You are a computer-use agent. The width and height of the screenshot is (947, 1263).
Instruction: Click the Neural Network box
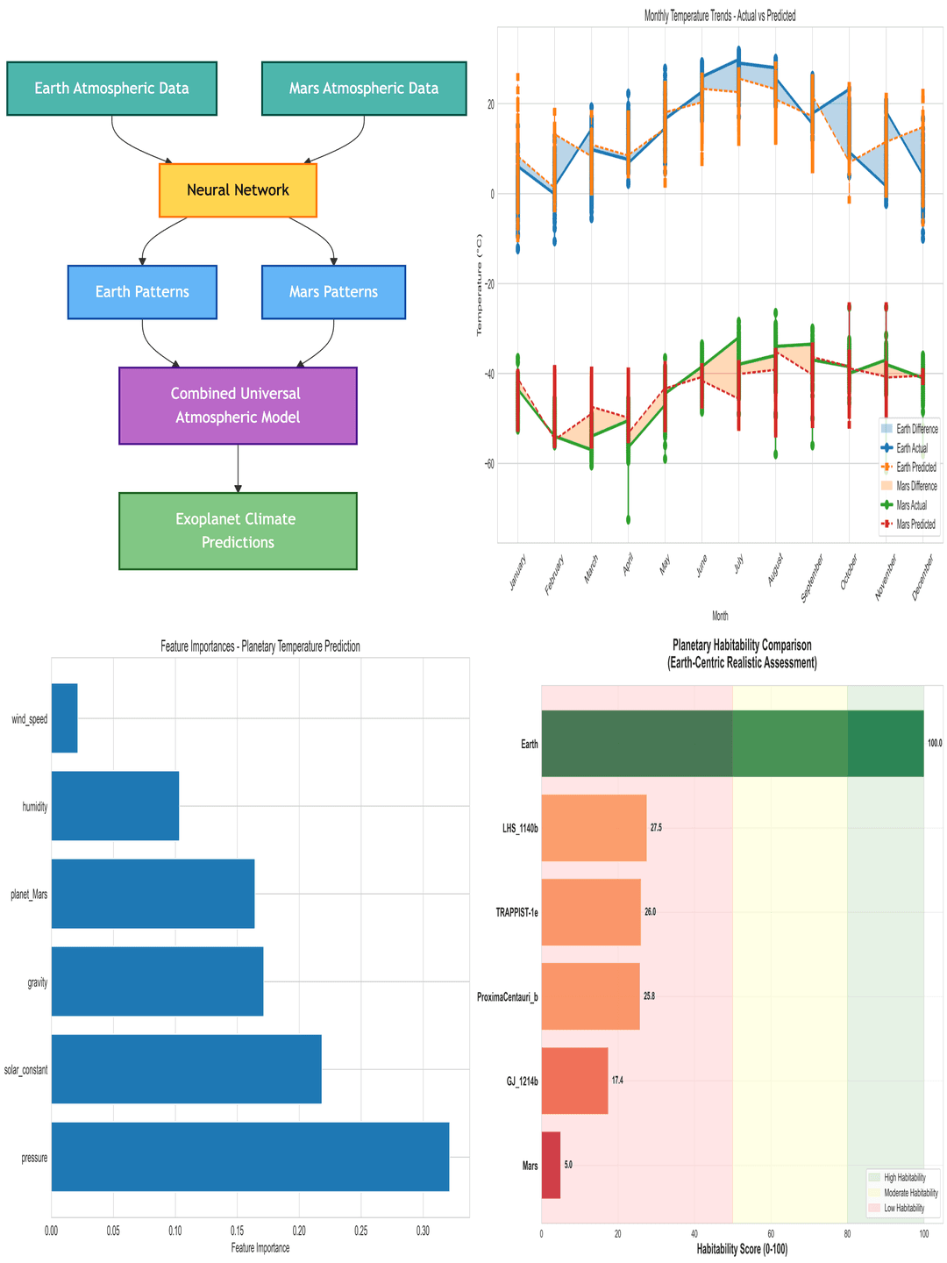(238, 190)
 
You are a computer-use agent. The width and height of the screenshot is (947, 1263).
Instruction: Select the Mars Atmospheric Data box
(364, 89)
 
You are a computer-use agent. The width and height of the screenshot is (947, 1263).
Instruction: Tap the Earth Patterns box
(142, 292)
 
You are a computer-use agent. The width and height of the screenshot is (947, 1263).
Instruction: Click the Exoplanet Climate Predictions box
(238, 531)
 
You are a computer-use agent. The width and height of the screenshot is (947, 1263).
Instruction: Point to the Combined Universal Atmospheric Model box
(238, 405)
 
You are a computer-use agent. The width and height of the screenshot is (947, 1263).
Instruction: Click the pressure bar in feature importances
(250, 1156)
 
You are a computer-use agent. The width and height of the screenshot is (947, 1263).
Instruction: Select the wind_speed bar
(64, 718)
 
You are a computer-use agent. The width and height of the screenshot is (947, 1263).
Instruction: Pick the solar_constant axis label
(25, 1070)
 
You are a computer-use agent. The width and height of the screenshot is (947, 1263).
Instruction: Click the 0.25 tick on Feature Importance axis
(360, 1231)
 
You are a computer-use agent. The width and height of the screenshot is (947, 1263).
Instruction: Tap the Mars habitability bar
(551, 1165)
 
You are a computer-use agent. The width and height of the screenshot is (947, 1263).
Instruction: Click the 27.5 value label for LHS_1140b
(656, 828)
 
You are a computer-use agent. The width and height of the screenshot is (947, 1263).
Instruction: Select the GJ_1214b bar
(574, 1081)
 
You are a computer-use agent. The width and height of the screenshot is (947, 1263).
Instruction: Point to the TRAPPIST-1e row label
(516, 912)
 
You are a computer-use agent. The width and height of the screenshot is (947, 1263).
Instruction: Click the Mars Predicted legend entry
(916, 524)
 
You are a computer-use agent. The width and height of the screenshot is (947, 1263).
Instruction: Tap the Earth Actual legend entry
(912, 448)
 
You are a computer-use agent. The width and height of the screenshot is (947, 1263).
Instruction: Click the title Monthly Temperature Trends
(720, 16)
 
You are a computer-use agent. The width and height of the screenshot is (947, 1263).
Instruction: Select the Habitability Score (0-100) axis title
(742, 1249)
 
